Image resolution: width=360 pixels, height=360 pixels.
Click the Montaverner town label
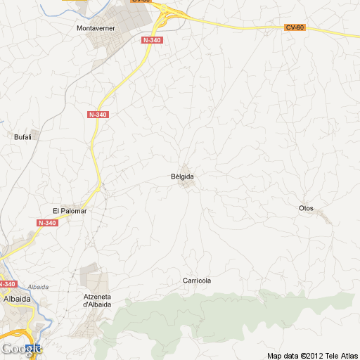pos(96,28)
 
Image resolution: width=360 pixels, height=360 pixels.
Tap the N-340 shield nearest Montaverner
pos(151,40)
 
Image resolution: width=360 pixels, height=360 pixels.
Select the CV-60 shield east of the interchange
pos(295,27)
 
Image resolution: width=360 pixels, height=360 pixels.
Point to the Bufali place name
pos(22,137)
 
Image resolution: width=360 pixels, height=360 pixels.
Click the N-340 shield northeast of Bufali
pos(98,114)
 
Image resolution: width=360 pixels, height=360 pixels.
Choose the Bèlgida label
pos(182,176)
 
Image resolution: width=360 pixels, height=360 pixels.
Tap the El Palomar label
pos(68,210)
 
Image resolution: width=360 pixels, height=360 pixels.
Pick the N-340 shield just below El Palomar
pos(46,223)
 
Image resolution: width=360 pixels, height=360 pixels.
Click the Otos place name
pos(306,208)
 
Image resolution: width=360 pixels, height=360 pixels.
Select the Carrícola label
pos(197,281)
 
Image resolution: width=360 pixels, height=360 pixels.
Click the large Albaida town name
pos(16,298)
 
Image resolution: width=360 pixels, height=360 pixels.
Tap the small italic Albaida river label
pos(38,287)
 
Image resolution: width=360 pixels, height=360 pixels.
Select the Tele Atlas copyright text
pos(313,355)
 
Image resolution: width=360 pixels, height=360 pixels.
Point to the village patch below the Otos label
pos(323,216)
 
